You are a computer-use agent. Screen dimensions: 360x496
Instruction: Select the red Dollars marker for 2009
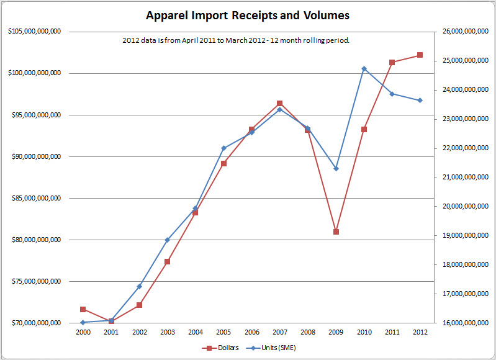coord(336,232)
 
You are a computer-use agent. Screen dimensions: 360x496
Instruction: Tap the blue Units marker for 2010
coord(364,69)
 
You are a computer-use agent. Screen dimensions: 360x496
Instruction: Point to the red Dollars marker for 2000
coord(83,309)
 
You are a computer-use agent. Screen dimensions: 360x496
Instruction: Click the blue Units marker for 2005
coord(223,148)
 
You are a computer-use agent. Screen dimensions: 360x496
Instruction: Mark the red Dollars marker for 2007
coord(280,103)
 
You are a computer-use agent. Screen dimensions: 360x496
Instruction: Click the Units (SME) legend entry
coord(273,348)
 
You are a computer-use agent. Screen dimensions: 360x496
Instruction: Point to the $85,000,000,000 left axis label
coord(36,199)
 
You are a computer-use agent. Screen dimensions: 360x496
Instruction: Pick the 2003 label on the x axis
coord(167,332)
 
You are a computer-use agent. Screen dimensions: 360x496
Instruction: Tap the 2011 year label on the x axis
coord(392,332)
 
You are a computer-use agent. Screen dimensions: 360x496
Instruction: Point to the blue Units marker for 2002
coord(140,286)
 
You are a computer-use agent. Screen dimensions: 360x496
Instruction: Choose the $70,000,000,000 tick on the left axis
coord(36,323)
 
